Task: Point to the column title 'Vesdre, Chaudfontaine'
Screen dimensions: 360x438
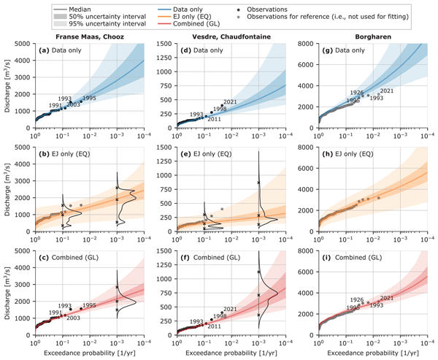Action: [x=229, y=37]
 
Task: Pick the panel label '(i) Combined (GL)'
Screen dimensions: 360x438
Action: [x=355, y=257]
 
